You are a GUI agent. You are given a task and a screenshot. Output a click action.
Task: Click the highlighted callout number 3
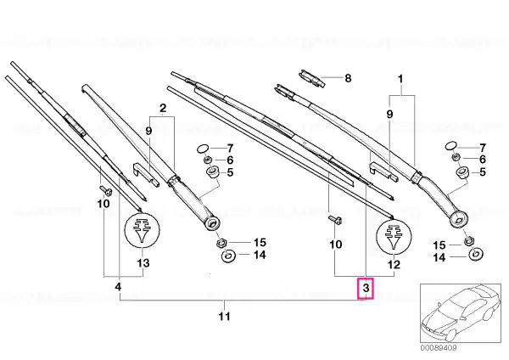(x=366, y=288)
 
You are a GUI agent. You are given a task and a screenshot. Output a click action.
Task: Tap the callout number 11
(x=224, y=316)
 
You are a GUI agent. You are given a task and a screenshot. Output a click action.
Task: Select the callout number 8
(x=348, y=78)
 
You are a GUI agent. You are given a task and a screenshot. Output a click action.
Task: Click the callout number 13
(x=143, y=262)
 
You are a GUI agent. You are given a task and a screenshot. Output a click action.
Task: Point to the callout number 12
(x=394, y=264)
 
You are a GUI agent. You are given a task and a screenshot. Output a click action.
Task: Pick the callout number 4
(x=118, y=287)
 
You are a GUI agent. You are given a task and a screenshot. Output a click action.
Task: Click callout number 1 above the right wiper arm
(x=400, y=79)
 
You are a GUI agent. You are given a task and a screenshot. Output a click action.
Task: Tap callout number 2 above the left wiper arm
(x=163, y=108)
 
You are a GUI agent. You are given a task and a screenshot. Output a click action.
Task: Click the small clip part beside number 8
(x=311, y=78)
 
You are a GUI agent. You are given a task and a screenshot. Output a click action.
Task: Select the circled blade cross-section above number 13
(x=142, y=230)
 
